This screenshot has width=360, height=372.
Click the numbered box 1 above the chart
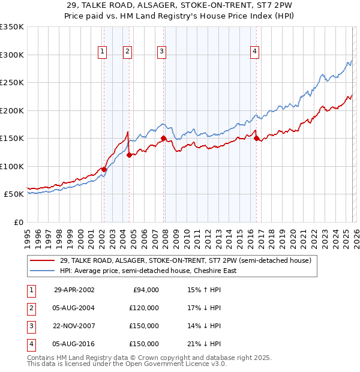[x=103, y=52]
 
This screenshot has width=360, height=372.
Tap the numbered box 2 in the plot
[x=128, y=52]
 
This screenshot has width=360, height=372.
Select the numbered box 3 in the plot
[x=162, y=52]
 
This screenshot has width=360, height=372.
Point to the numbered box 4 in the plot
[x=255, y=52]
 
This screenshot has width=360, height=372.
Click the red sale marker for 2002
[x=104, y=169]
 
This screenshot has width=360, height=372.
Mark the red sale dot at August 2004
[x=128, y=155]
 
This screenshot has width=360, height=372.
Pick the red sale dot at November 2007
[x=163, y=138]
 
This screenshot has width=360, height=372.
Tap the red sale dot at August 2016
[x=256, y=138]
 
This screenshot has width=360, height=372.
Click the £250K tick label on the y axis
[x=11, y=83]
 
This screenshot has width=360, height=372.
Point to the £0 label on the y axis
[x=18, y=222]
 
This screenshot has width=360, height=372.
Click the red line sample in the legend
[x=43, y=261]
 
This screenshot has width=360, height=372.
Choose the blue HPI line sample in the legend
[x=43, y=271]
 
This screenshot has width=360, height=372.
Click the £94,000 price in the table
[x=145, y=290]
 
